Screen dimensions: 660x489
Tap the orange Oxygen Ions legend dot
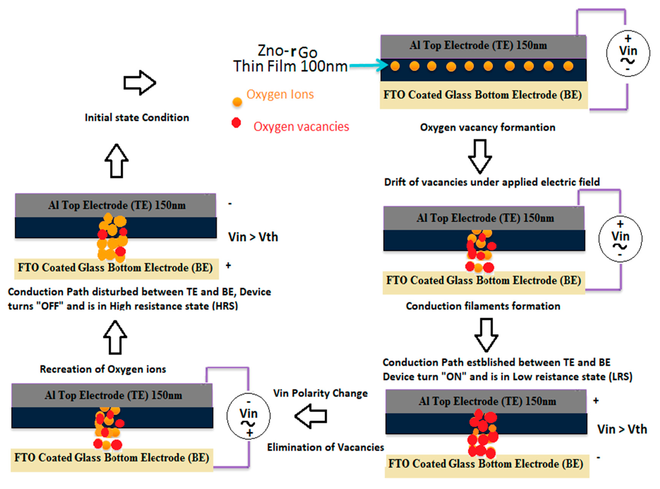(x=237, y=102)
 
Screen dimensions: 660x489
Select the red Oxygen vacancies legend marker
(x=236, y=123)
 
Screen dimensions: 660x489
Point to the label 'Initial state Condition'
(x=137, y=117)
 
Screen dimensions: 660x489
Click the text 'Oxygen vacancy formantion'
(x=488, y=127)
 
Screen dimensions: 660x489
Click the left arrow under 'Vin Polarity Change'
(x=311, y=416)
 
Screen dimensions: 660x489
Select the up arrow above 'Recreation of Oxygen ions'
(x=115, y=337)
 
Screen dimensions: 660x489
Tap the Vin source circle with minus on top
(x=248, y=416)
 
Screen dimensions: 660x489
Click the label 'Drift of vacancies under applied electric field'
(x=492, y=182)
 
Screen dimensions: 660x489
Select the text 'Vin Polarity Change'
(x=320, y=393)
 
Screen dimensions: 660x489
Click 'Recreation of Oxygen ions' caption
(x=103, y=369)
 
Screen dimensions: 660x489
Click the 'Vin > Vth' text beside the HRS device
(x=253, y=237)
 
